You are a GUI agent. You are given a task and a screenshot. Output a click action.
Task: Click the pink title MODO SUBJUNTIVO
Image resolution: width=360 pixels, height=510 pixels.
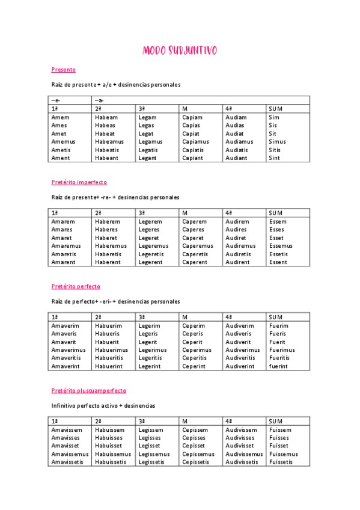180,51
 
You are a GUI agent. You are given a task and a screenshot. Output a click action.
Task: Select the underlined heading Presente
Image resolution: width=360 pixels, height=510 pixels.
64,70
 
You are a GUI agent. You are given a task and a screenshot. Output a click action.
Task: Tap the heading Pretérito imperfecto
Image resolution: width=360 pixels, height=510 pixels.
79,182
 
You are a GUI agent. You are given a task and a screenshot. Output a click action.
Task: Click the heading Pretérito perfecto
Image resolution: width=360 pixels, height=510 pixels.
76,287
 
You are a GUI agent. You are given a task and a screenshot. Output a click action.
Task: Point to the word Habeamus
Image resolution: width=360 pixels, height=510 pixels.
109,142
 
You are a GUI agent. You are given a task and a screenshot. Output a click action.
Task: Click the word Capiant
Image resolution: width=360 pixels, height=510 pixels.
192,158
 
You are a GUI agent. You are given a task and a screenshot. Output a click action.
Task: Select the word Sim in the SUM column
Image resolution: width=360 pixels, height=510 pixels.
274,117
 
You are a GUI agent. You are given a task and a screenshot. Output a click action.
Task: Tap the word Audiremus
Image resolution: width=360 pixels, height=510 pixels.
240,246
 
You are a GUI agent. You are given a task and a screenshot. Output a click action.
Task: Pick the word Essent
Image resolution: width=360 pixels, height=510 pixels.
278,262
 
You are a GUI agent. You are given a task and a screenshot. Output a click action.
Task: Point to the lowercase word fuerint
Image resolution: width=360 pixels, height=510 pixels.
278,366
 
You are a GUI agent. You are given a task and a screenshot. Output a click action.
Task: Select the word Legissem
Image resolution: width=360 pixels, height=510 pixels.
151,430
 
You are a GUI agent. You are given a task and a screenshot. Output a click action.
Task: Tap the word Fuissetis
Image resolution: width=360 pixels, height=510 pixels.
281,462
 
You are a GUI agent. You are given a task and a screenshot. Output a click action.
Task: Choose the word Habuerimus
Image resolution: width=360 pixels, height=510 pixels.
111,350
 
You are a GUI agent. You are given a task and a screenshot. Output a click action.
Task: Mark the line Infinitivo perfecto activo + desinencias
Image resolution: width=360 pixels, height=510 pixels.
103,406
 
